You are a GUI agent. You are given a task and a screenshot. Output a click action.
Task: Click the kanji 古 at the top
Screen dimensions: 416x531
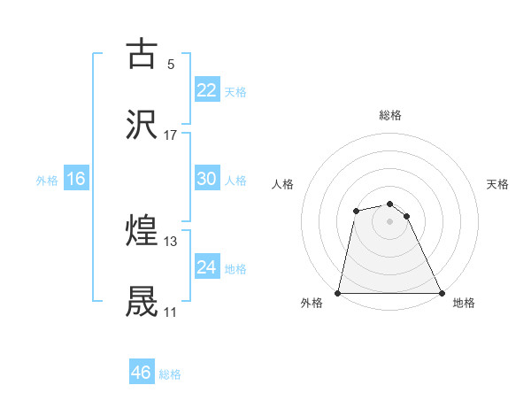(x=142, y=54)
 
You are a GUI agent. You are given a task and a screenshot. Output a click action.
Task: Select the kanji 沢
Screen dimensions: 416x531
(x=142, y=125)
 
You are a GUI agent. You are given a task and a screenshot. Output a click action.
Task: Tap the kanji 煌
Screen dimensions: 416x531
(x=142, y=231)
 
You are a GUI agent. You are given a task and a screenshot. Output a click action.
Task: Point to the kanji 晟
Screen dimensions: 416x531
(x=142, y=302)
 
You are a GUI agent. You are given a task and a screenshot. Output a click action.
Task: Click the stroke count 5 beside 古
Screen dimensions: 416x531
(x=171, y=64)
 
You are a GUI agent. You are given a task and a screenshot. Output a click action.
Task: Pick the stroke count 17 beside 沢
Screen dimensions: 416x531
(x=171, y=135)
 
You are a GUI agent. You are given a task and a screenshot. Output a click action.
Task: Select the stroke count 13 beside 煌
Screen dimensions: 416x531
(x=171, y=241)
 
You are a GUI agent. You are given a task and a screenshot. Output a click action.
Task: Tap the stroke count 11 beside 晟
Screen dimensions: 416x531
(x=171, y=312)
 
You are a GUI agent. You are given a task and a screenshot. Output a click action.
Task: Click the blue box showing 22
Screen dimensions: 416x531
(x=206, y=90)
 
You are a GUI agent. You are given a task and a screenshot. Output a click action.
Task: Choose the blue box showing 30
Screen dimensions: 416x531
(x=206, y=179)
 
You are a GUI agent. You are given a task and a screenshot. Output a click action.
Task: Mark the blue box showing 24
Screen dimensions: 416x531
(x=206, y=267)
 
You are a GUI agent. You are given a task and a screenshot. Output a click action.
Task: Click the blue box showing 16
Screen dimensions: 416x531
(x=75, y=179)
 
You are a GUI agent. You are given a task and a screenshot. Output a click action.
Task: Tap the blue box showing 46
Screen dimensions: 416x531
(x=141, y=373)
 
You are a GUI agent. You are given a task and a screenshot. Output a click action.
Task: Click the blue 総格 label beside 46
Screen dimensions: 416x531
(x=170, y=374)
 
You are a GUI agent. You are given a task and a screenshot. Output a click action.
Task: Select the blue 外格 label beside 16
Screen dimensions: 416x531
(x=47, y=181)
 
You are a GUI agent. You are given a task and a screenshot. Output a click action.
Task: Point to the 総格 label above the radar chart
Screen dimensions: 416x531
(x=389, y=115)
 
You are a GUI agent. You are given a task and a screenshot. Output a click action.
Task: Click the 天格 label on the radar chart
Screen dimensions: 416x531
(x=497, y=184)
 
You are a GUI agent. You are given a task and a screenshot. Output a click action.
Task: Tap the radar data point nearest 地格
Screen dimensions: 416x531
(x=441, y=293)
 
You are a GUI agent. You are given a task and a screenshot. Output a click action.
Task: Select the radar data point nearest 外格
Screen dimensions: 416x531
(x=338, y=293)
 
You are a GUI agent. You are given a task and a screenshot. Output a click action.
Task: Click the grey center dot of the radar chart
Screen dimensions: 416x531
(x=389, y=221)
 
